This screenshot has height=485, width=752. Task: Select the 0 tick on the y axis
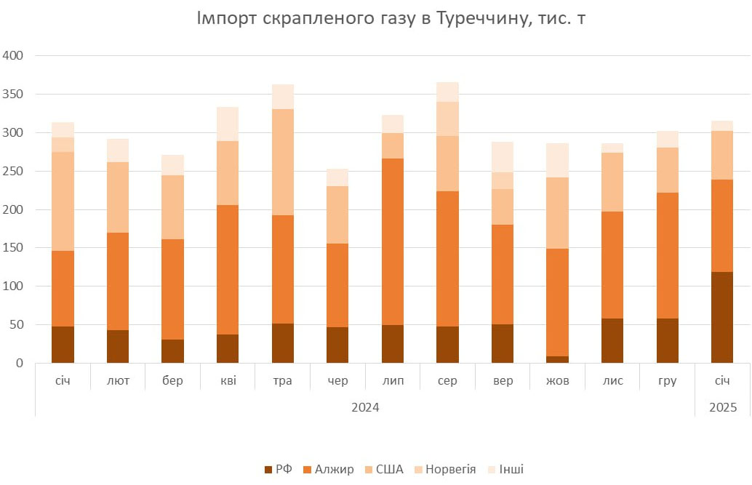coord(20,363)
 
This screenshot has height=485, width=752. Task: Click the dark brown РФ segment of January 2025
coord(722,317)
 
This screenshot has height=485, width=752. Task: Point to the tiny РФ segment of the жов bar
coord(557,359)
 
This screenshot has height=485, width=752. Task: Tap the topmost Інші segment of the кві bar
coord(228,124)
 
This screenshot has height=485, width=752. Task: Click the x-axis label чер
coord(338,381)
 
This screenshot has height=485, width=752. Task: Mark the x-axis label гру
coord(667,381)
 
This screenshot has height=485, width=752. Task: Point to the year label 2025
coord(722,407)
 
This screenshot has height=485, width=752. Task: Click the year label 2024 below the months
coord(365,407)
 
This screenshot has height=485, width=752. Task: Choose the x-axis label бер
coord(173,381)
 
